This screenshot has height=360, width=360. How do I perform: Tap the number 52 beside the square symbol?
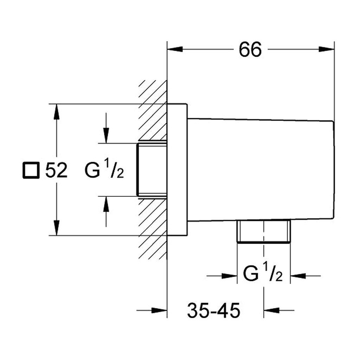[56, 170]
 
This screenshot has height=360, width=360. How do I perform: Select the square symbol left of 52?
[31, 170]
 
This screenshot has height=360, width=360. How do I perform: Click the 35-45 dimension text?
[213, 311]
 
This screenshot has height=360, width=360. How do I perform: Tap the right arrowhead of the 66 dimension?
[326, 49]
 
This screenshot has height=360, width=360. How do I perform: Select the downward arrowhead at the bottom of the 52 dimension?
[57, 227]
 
